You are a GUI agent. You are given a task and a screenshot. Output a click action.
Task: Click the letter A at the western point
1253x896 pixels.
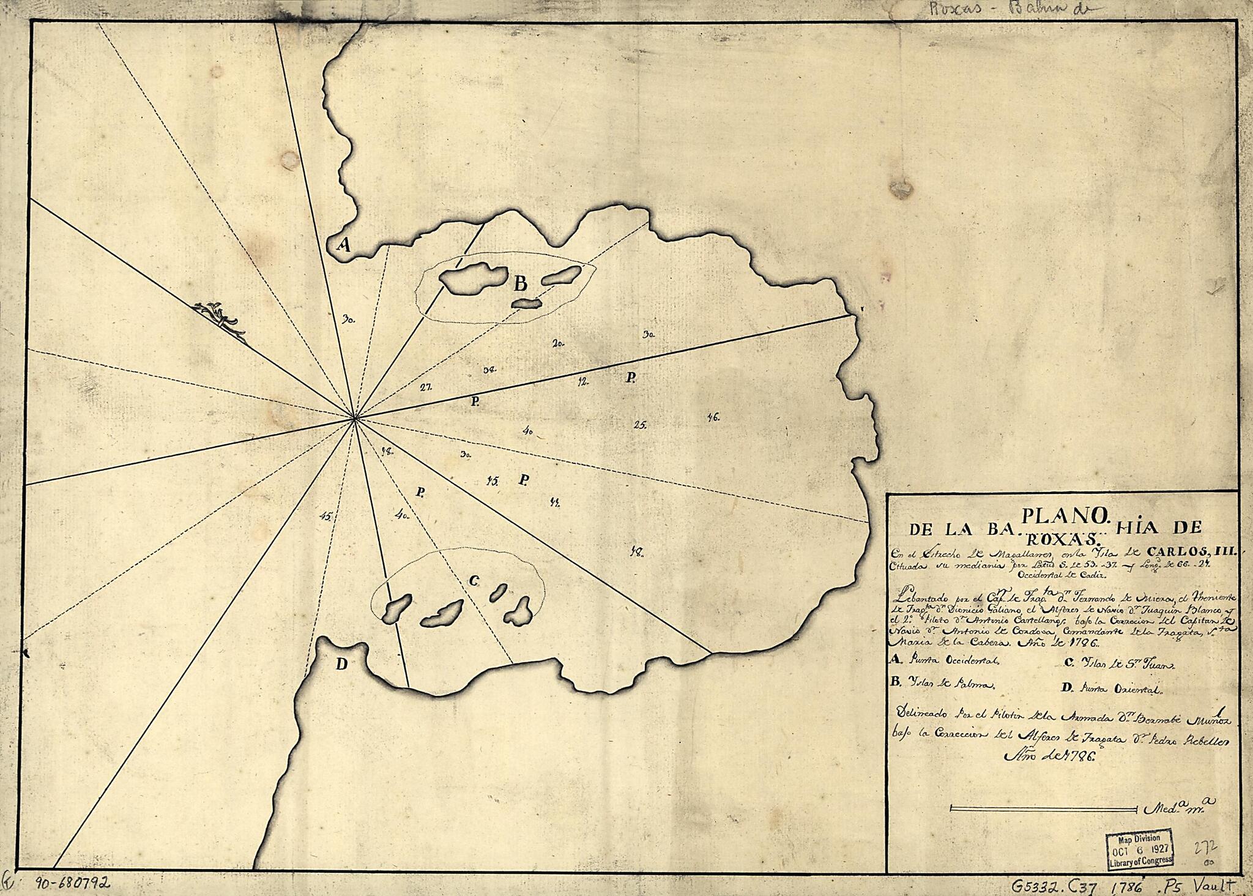coord(344,245)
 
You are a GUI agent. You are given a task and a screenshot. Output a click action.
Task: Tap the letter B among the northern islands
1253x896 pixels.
coord(520,283)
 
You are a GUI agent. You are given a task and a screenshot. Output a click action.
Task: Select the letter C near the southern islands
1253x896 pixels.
coord(473,581)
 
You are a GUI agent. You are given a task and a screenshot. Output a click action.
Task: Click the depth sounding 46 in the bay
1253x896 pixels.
coord(713,417)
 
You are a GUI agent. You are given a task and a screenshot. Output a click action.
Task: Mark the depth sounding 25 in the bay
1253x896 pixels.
coord(641,424)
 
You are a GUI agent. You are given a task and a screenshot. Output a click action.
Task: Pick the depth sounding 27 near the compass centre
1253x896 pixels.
coord(426,387)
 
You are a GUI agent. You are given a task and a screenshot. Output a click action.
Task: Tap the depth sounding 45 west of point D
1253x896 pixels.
coord(325,516)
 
